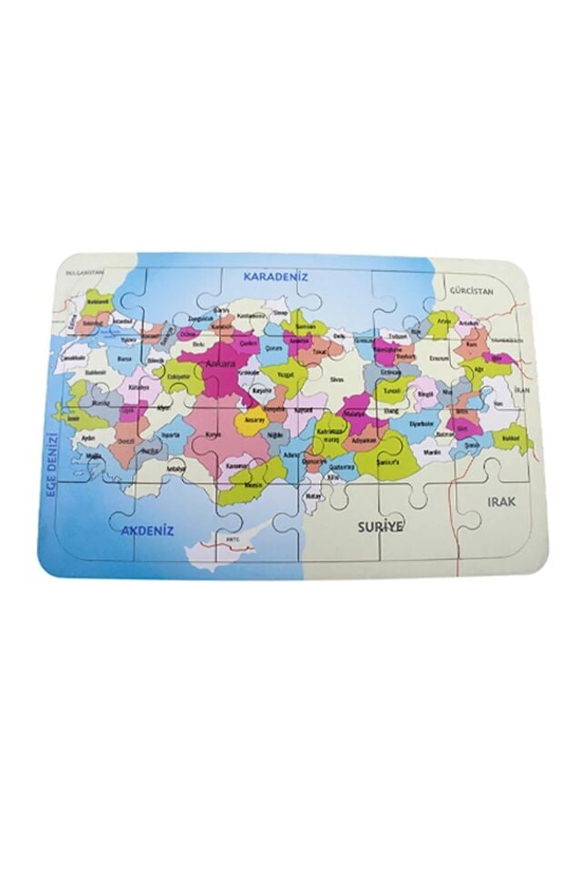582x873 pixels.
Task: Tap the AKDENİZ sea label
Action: click(x=150, y=528)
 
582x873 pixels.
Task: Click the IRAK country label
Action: click(x=503, y=502)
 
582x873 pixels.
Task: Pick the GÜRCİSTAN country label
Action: click(x=469, y=291)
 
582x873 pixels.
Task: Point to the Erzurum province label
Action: click(x=440, y=357)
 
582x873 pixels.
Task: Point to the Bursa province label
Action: click(x=125, y=359)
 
